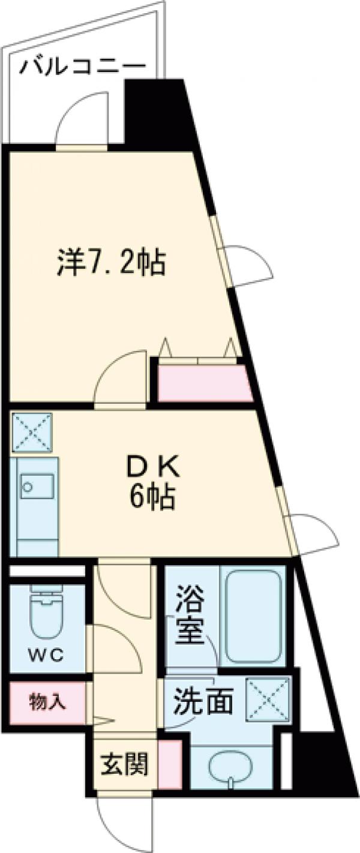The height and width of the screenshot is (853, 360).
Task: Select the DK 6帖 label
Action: tap(150, 483)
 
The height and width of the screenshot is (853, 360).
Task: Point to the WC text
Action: tap(47, 655)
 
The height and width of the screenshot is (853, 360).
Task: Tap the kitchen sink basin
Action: tap(37, 486)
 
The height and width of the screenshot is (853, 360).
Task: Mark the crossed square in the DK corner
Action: tap(31, 432)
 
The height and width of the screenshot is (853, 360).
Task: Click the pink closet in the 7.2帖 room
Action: tap(204, 383)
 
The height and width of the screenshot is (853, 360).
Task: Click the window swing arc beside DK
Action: tap(315, 534)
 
